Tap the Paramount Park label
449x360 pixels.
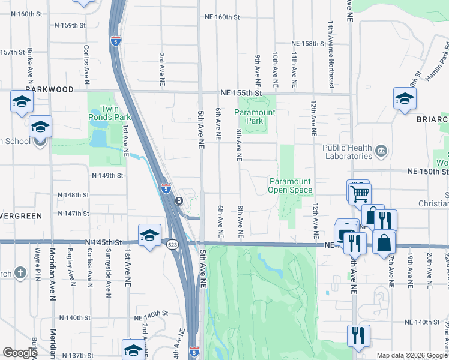[x=255, y=116]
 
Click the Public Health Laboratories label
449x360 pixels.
[x=348, y=152]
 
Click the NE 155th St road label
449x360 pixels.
[x=241, y=93]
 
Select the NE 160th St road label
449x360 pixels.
[x=222, y=17]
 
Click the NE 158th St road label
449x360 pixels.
[x=311, y=44]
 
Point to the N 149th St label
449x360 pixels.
[x=107, y=176]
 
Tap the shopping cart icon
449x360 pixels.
[x=360, y=193]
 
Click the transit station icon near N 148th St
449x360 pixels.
[x=179, y=200]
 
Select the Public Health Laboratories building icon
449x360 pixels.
[x=381, y=149]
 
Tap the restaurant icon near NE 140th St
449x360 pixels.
[x=358, y=335]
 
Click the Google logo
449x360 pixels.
[x=20, y=353]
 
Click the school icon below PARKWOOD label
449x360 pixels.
[x=21, y=101]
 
